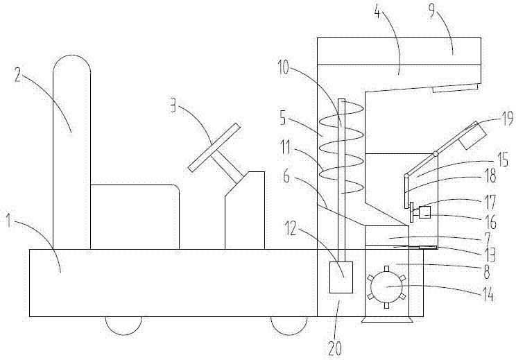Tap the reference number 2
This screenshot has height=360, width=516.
[x=18, y=76]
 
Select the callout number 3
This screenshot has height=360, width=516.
[x=173, y=106]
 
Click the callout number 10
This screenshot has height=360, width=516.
[x=284, y=69]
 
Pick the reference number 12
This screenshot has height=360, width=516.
[x=291, y=229]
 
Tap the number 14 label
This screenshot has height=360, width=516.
[x=488, y=295]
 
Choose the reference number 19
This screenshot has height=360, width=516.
[x=506, y=119]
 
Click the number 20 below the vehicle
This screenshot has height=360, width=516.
[x=335, y=348]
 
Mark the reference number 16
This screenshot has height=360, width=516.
[x=490, y=223]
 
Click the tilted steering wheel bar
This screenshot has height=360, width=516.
[x=214, y=147]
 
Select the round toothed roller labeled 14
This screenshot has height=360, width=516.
[x=386, y=286]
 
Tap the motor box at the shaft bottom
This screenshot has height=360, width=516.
[x=341, y=277]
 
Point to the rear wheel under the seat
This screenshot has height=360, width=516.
[x=123, y=325]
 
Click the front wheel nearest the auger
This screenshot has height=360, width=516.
[x=289, y=325]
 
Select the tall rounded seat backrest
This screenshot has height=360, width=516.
[x=71, y=152]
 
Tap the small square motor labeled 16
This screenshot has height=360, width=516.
[x=424, y=212]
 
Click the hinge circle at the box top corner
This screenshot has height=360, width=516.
[x=436, y=154]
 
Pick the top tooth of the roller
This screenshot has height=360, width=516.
[x=386, y=268]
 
